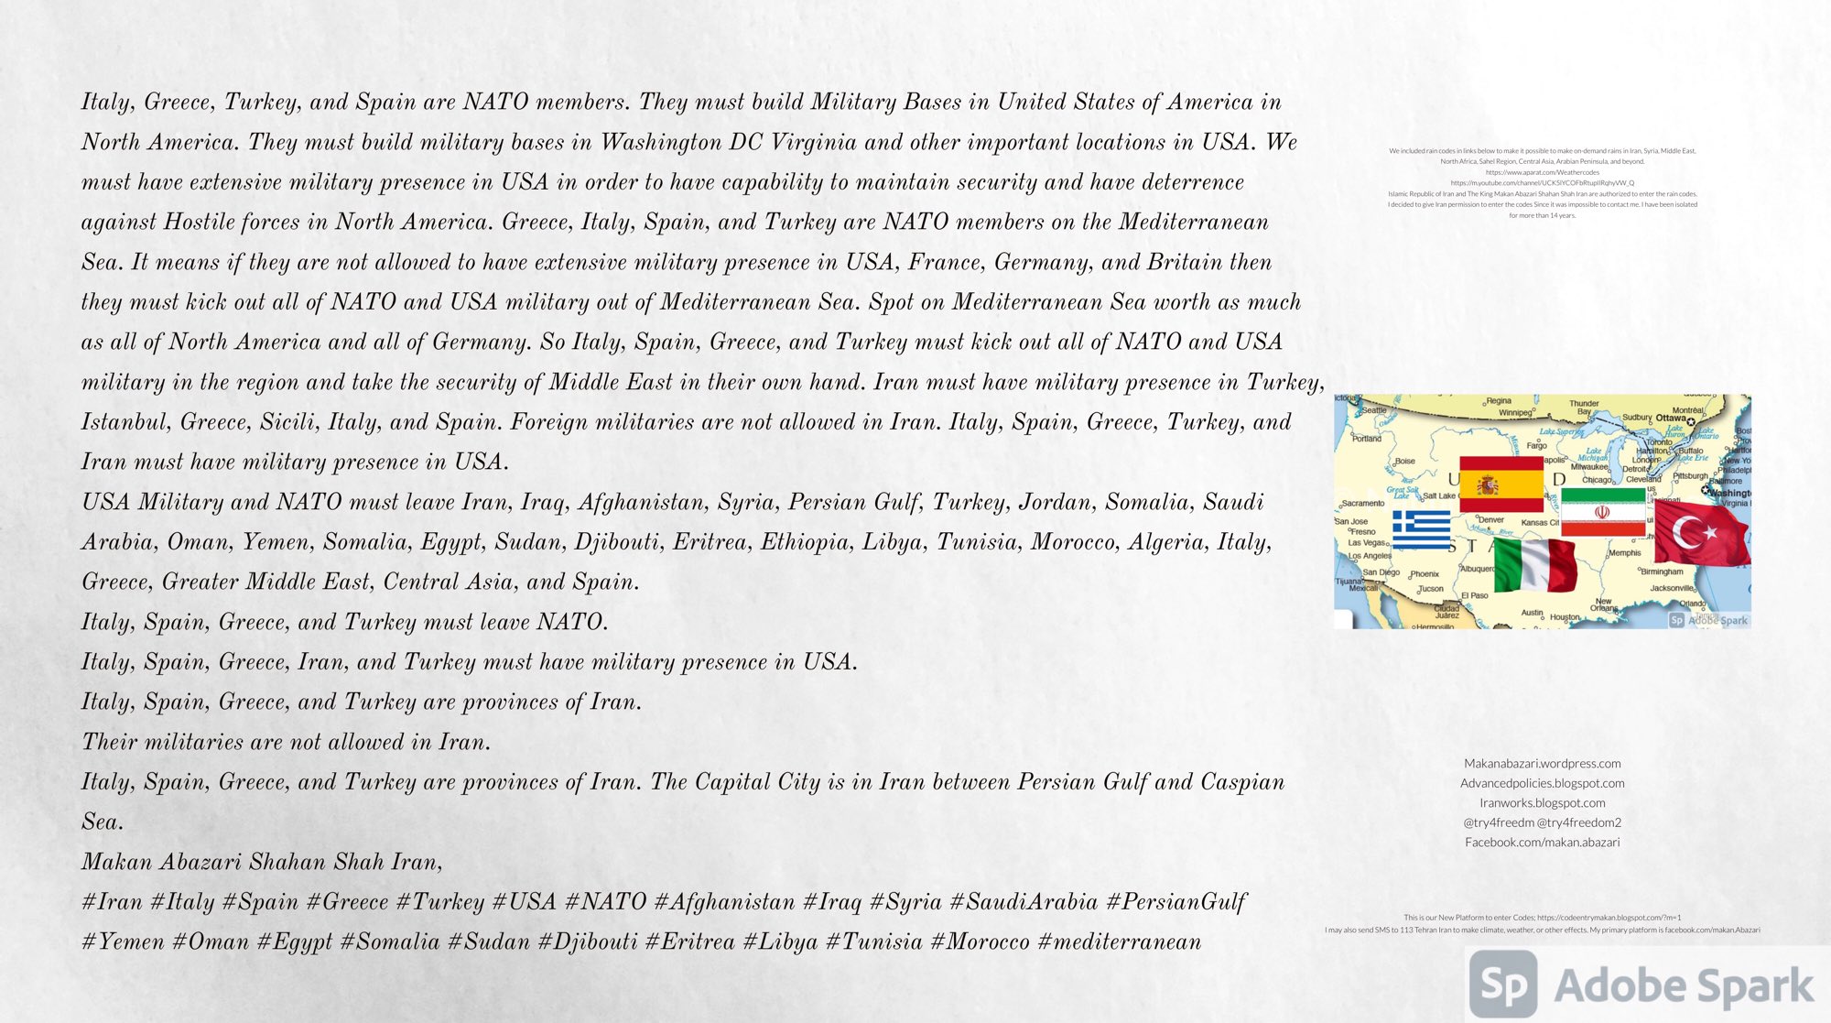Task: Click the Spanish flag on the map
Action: point(1501,484)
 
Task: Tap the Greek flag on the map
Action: point(1421,528)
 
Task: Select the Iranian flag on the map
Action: point(1602,511)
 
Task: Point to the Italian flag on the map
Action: point(1535,565)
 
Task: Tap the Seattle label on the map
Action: point(1373,410)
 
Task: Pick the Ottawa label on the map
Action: point(1671,418)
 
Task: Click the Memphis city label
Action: point(1625,552)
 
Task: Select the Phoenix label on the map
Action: point(1425,574)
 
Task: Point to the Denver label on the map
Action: point(1491,520)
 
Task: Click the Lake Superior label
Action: point(1561,431)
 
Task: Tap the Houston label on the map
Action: point(1565,617)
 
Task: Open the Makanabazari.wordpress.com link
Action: point(1542,763)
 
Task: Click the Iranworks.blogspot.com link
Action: point(1542,802)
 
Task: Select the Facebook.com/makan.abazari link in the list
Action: point(1542,842)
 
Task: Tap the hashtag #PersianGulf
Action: point(1176,902)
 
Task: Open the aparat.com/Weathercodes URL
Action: point(1542,172)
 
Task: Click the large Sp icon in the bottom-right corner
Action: point(1503,985)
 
